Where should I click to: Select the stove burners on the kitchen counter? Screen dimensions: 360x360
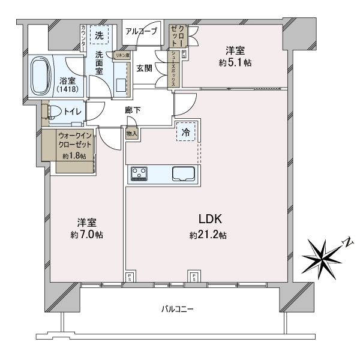[140, 174]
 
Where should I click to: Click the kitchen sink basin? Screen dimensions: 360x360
[183, 174]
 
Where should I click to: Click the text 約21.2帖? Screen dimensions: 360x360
[208, 235]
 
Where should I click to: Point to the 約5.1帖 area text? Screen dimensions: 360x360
[235, 62]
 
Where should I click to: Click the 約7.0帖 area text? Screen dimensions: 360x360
[87, 235]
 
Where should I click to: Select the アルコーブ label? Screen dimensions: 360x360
[141, 31]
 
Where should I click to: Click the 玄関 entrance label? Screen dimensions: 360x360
[144, 68]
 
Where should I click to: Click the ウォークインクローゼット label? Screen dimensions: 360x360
[74, 140]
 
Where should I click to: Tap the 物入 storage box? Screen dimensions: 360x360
[131, 134]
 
